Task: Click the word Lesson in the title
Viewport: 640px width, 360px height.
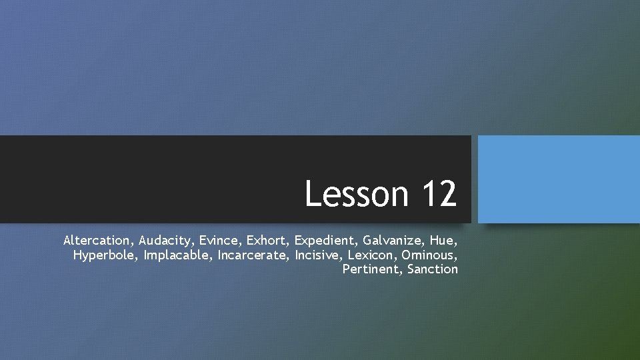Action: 357,194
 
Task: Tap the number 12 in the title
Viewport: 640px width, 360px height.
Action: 439,194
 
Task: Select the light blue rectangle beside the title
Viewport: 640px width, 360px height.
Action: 559,179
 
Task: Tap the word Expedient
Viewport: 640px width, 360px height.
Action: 326,239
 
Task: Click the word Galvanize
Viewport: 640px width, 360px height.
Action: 393,239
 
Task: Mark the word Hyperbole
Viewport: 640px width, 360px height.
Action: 104,254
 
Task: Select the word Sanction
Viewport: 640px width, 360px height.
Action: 433,269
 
